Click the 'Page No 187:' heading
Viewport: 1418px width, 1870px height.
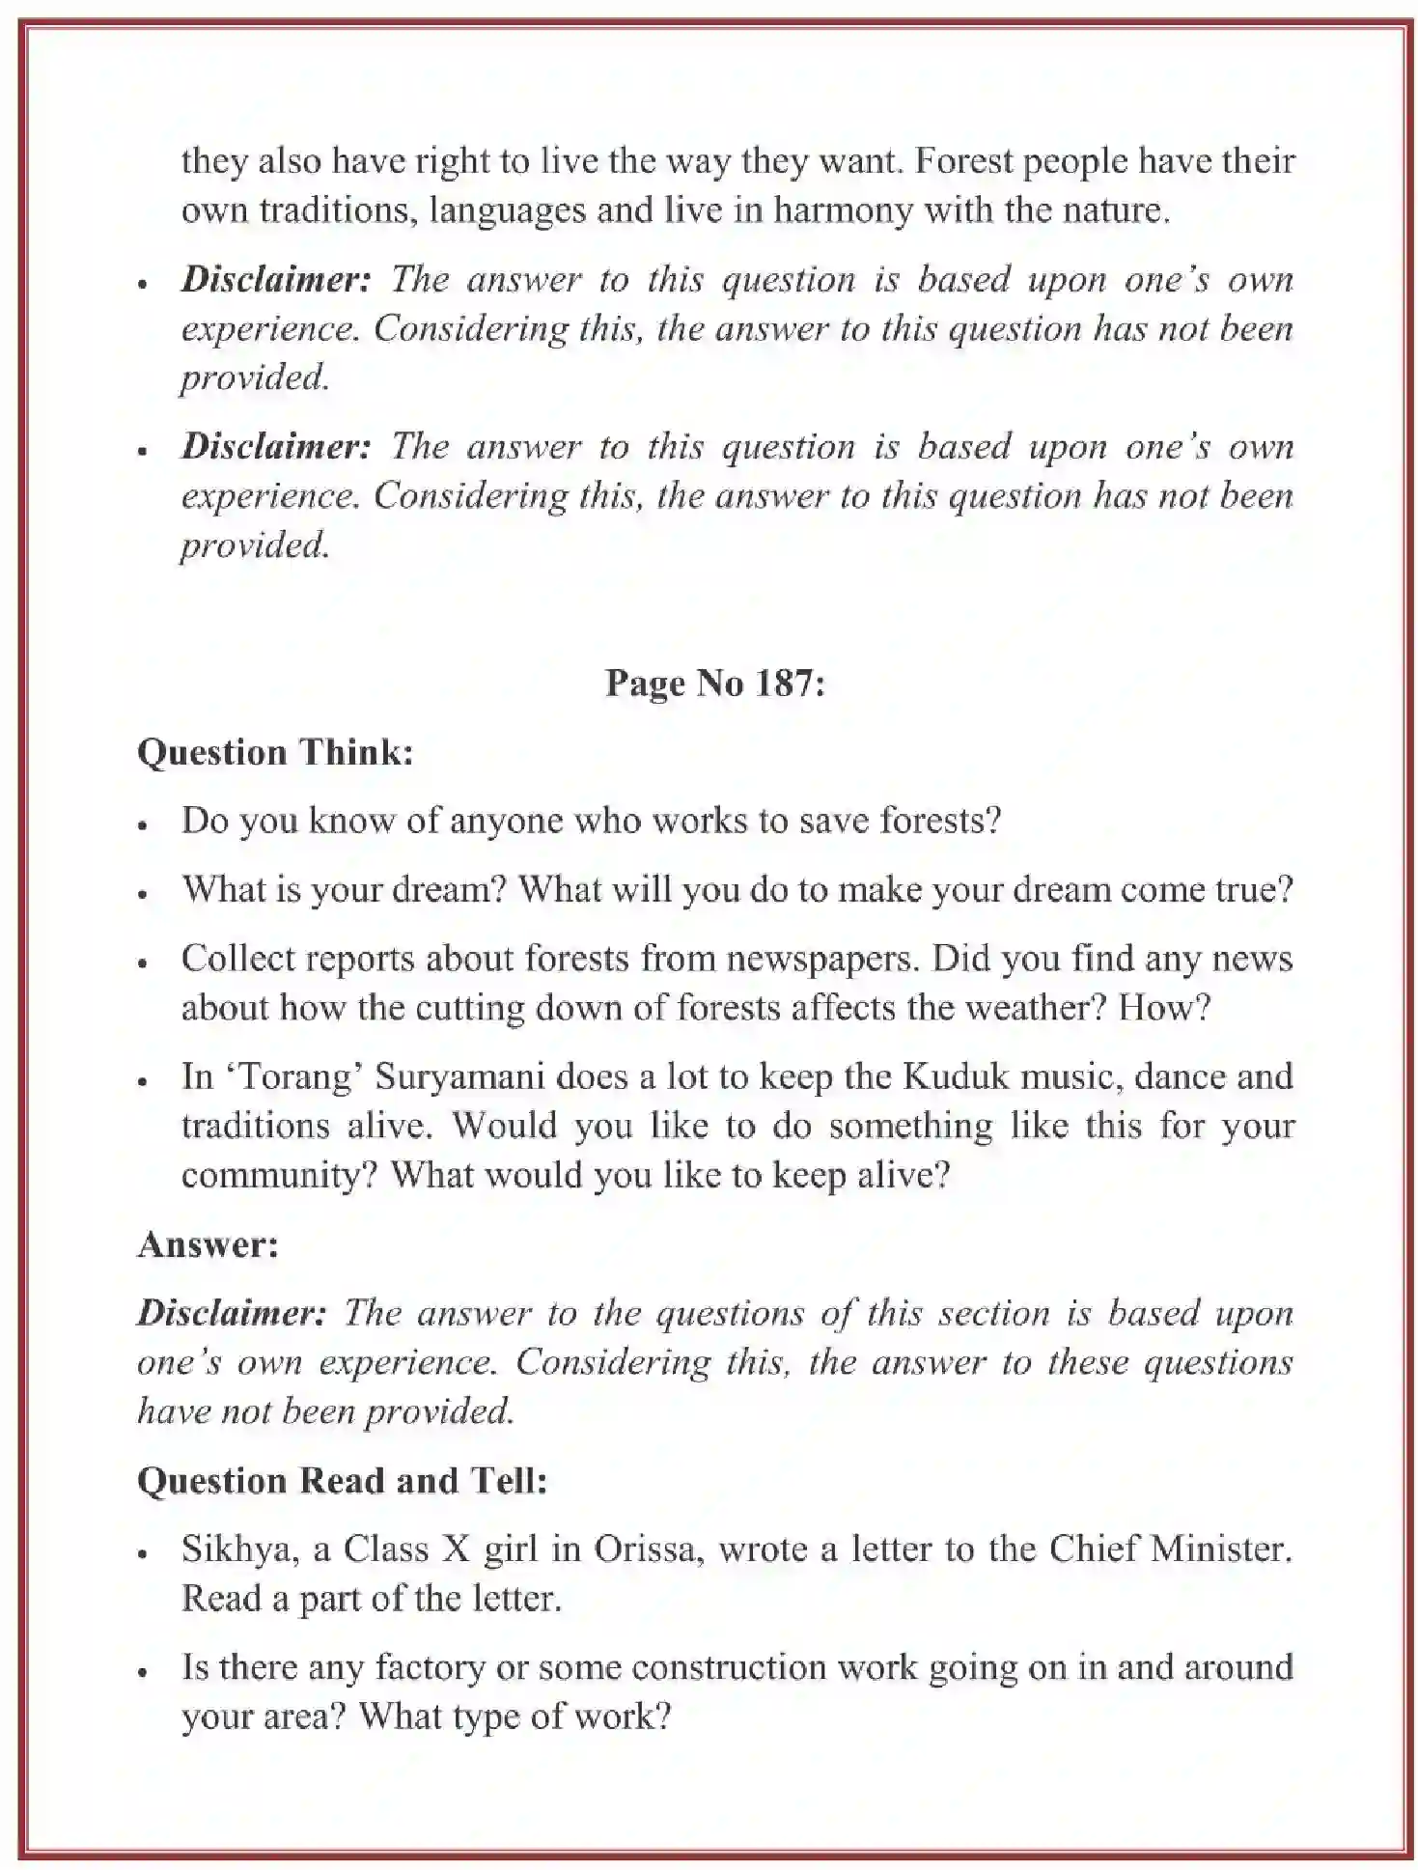pos(714,684)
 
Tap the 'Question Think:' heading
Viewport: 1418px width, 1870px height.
pos(275,753)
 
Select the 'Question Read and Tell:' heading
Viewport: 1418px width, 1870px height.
pos(342,1481)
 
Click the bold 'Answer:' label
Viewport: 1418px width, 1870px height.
pos(208,1244)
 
